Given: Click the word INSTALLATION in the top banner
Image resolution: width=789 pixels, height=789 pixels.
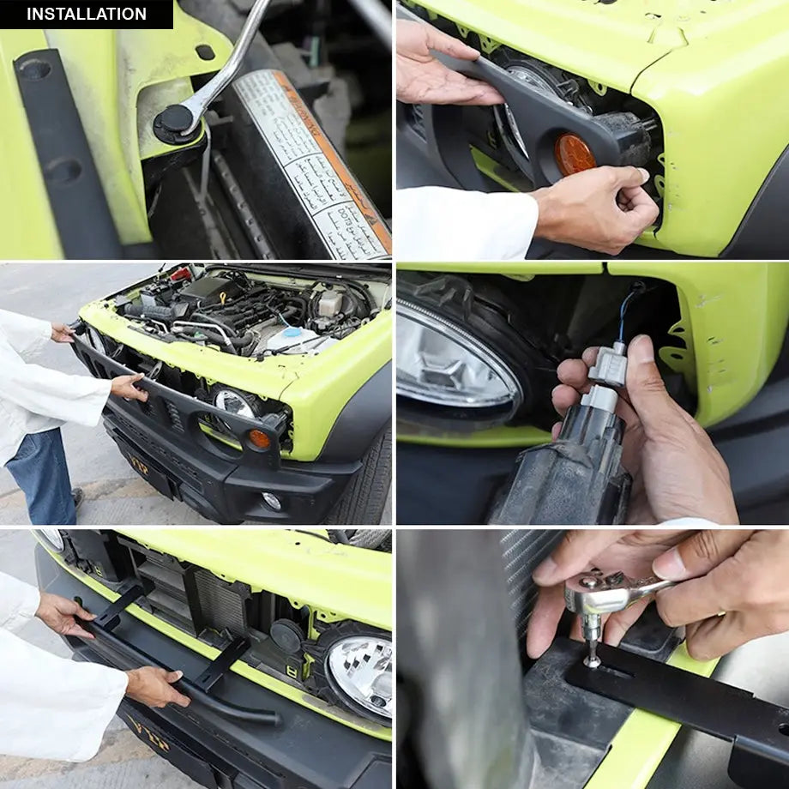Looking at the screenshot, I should [x=86, y=14].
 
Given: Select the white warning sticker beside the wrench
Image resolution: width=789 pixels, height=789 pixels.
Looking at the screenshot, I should [x=314, y=163].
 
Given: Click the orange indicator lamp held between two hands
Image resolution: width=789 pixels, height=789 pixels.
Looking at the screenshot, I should [x=573, y=154].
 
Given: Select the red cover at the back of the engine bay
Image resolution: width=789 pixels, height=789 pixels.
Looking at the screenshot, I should [x=181, y=274].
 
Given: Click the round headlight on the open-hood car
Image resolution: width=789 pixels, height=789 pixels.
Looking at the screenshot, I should [x=233, y=402].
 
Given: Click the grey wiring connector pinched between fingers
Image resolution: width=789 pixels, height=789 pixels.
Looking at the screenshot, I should [x=607, y=365].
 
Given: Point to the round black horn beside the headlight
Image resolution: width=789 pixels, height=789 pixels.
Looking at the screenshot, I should [x=286, y=635].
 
